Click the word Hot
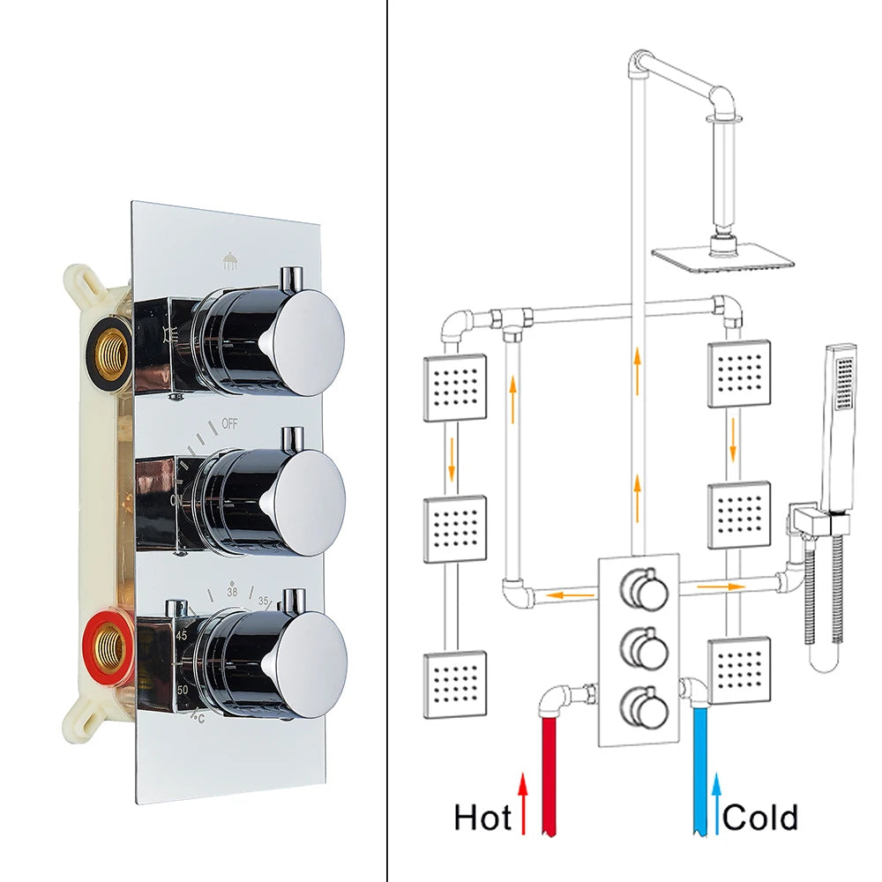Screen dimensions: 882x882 482,818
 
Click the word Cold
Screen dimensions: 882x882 759,818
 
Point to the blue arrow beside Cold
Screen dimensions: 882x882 717,803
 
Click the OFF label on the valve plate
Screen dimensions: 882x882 230,423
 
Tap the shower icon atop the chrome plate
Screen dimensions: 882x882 229,260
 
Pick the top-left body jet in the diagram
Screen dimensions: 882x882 455,387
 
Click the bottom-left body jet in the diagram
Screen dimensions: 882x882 455,684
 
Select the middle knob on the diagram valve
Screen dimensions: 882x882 645,649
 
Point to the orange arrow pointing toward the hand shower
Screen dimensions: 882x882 716,584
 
